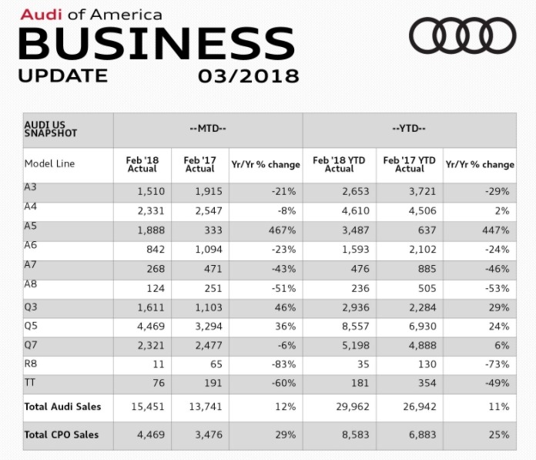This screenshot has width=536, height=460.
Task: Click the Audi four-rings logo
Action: click(x=462, y=35)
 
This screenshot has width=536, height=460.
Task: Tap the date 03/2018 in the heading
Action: click(x=248, y=76)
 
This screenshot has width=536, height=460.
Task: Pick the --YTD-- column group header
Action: click(x=409, y=129)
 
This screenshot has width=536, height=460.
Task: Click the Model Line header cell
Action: click(x=50, y=164)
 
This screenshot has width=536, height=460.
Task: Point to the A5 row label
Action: click(x=32, y=228)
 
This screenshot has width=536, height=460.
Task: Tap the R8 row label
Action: click(x=32, y=362)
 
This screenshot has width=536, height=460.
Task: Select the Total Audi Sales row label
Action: click(x=62, y=406)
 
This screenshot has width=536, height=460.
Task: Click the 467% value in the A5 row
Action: click(x=283, y=230)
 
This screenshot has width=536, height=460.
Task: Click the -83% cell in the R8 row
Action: click(x=283, y=364)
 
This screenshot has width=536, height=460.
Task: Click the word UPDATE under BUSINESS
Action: click(x=63, y=76)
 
